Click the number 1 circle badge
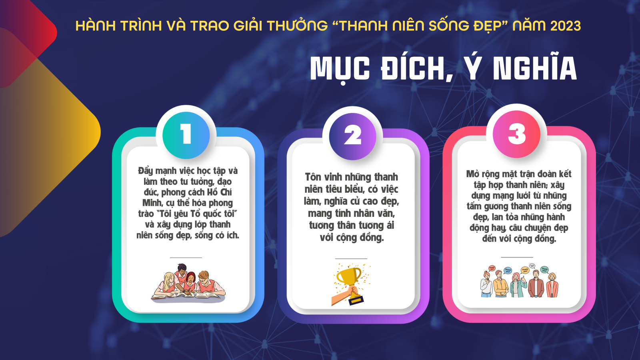[186, 135]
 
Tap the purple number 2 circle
[352, 136]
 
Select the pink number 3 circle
[516, 134]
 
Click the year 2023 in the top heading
[566, 26]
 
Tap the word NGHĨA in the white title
[535, 68]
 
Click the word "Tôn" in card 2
[313, 177]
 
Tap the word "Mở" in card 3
[473, 174]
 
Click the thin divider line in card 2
[351, 258]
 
